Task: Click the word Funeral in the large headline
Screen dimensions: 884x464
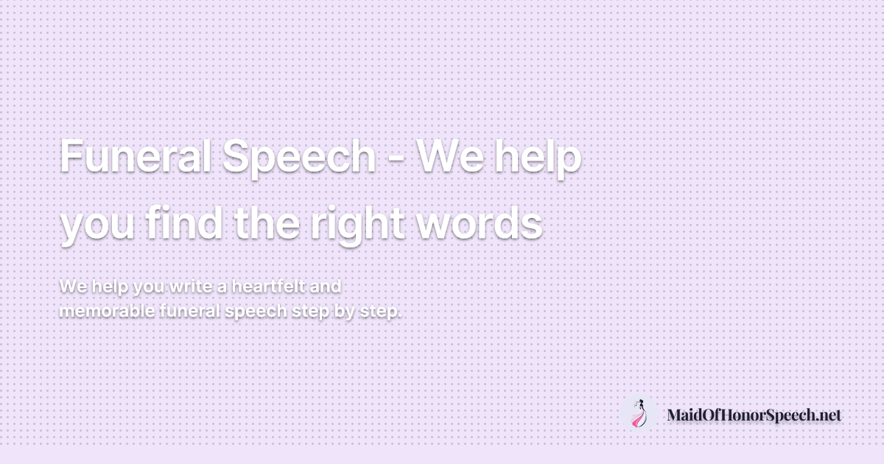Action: pos(136,156)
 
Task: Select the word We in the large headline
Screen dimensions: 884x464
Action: pos(450,157)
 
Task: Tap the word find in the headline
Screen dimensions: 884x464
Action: pos(183,222)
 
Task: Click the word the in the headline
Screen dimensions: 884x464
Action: pos(267,222)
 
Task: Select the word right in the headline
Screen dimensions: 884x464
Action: pos(358,225)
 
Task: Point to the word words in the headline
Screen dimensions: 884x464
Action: pos(480,222)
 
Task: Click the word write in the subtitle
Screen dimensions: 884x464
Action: pos(193,286)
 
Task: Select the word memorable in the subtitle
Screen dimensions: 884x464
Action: pos(107,312)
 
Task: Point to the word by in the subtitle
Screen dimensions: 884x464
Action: pos(344,312)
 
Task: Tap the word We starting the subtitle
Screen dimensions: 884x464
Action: pos(74,286)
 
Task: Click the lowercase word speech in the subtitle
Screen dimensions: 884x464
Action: pos(256,312)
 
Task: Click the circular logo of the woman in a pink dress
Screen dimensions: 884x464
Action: pos(639,413)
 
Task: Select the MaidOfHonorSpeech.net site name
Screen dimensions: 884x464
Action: pos(754,415)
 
